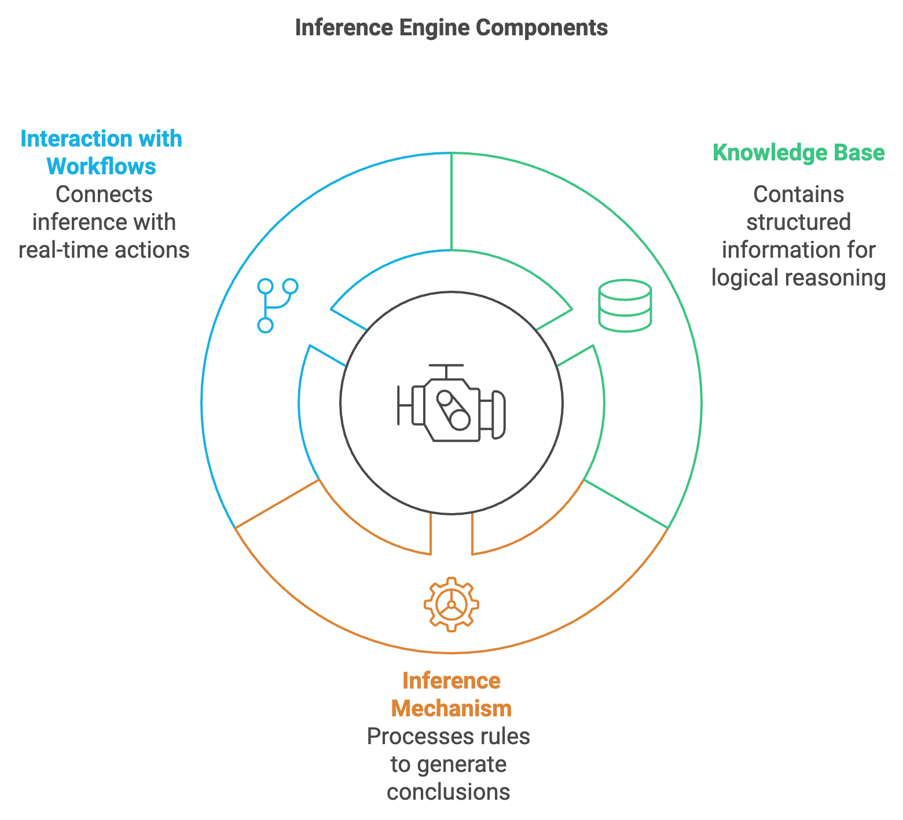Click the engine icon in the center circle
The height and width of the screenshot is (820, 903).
(452, 403)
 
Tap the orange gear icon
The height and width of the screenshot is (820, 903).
(452, 604)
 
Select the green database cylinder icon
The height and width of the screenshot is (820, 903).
(625, 305)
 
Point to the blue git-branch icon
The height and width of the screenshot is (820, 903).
(277, 305)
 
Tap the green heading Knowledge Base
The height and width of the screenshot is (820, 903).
(798, 153)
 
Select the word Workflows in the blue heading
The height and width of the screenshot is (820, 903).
(101, 167)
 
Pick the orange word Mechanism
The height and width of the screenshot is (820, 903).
(451, 708)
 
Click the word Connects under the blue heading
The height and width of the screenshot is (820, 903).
(104, 195)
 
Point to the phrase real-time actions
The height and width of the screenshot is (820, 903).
(104, 250)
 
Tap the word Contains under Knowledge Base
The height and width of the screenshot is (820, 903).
(798, 195)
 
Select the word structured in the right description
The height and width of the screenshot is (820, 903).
(798, 222)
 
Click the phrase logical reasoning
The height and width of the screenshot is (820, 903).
(798, 278)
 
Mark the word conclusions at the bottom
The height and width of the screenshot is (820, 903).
(449, 792)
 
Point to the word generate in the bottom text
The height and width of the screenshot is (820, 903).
(461, 764)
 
